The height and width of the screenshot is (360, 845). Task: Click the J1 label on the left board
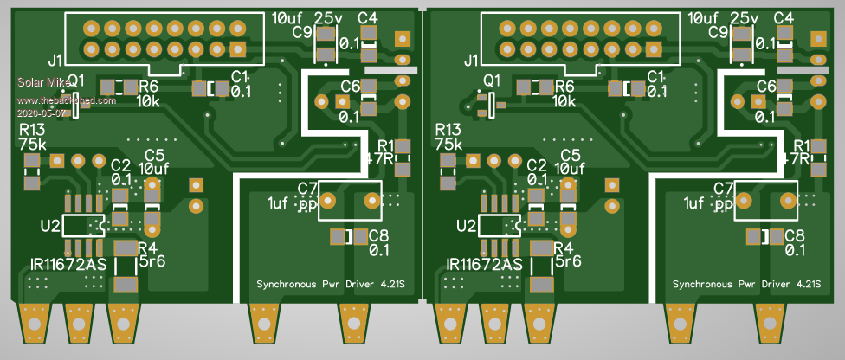pyautogui.click(x=55, y=61)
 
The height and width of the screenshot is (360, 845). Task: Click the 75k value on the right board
pyautogui.click(x=450, y=145)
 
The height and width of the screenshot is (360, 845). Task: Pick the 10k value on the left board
pyautogui.click(x=148, y=101)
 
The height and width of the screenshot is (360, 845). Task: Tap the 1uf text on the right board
pyautogui.click(x=693, y=203)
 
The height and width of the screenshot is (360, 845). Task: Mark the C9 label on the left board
pyautogui.click(x=302, y=33)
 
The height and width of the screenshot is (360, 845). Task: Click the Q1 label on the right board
pyautogui.click(x=492, y=80)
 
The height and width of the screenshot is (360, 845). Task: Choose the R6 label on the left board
pyautogui.click(x=148, y=87)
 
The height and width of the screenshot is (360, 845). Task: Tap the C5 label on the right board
pyautogui.click(x=571, y=155)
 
